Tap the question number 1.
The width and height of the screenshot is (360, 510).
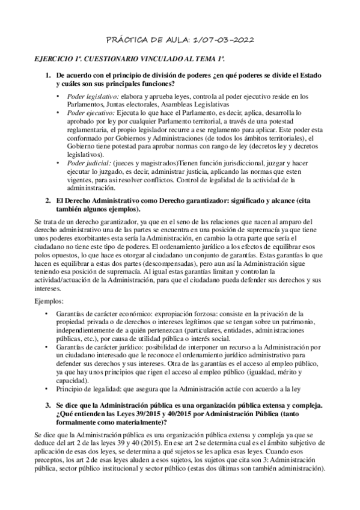(x=49, y=75)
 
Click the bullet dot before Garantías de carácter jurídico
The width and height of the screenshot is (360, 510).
(x=47, y=346)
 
